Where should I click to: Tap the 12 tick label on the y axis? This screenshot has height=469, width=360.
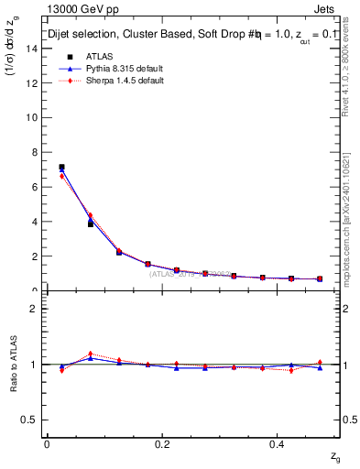(34, 83)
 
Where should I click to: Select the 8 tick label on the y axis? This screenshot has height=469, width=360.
(37, 152)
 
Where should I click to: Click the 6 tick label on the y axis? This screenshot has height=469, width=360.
(37, 187)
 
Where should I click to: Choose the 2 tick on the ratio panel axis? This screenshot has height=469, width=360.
(36, 309)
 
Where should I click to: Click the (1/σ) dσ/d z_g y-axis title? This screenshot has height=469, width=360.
(13, 56)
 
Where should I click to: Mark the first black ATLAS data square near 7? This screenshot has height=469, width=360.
(61, 168)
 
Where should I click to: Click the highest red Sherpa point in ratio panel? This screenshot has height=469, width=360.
(90, 354)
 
